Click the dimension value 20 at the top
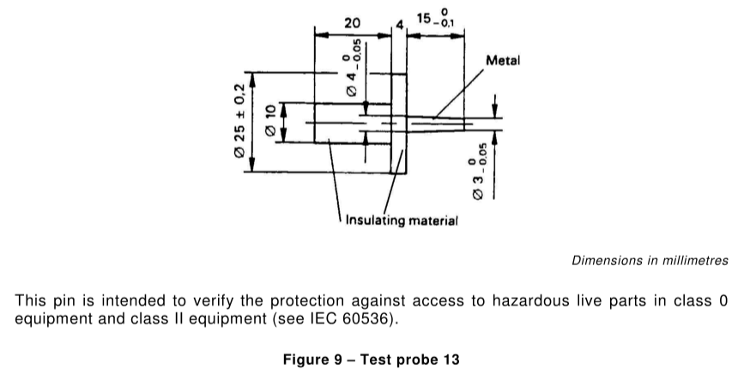(x=352, y=23)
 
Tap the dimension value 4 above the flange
(x=400, y=25)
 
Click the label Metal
(x=503, y=60)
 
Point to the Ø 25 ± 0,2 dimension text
(x=239, y=121)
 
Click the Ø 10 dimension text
(x=270, y=121)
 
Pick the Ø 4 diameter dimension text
(x=354, y=68)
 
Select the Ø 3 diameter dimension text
(x=479, y=172)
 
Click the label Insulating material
(x=402, y=221)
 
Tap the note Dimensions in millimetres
(x=650, y=261)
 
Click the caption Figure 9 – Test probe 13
(x=371, y=360)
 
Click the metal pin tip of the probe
(x=436, y=124)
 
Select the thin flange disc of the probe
(x=398, y=124)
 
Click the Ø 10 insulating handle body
(x=352, y=123)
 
